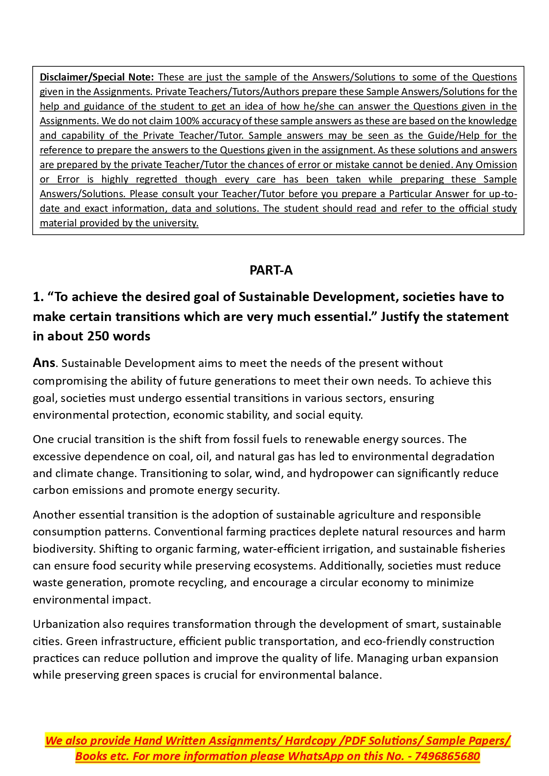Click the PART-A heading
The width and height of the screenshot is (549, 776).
pyautogui.click(x=271, y=270)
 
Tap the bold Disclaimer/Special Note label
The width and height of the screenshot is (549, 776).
pyautogui.click(x=96, y=77)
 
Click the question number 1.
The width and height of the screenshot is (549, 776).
pyautogui.click(x=38, y=297)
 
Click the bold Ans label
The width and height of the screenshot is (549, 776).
pyautogui.click(x=44, y=363)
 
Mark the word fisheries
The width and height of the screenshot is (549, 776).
pyautogui.click(x=483, y=549)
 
